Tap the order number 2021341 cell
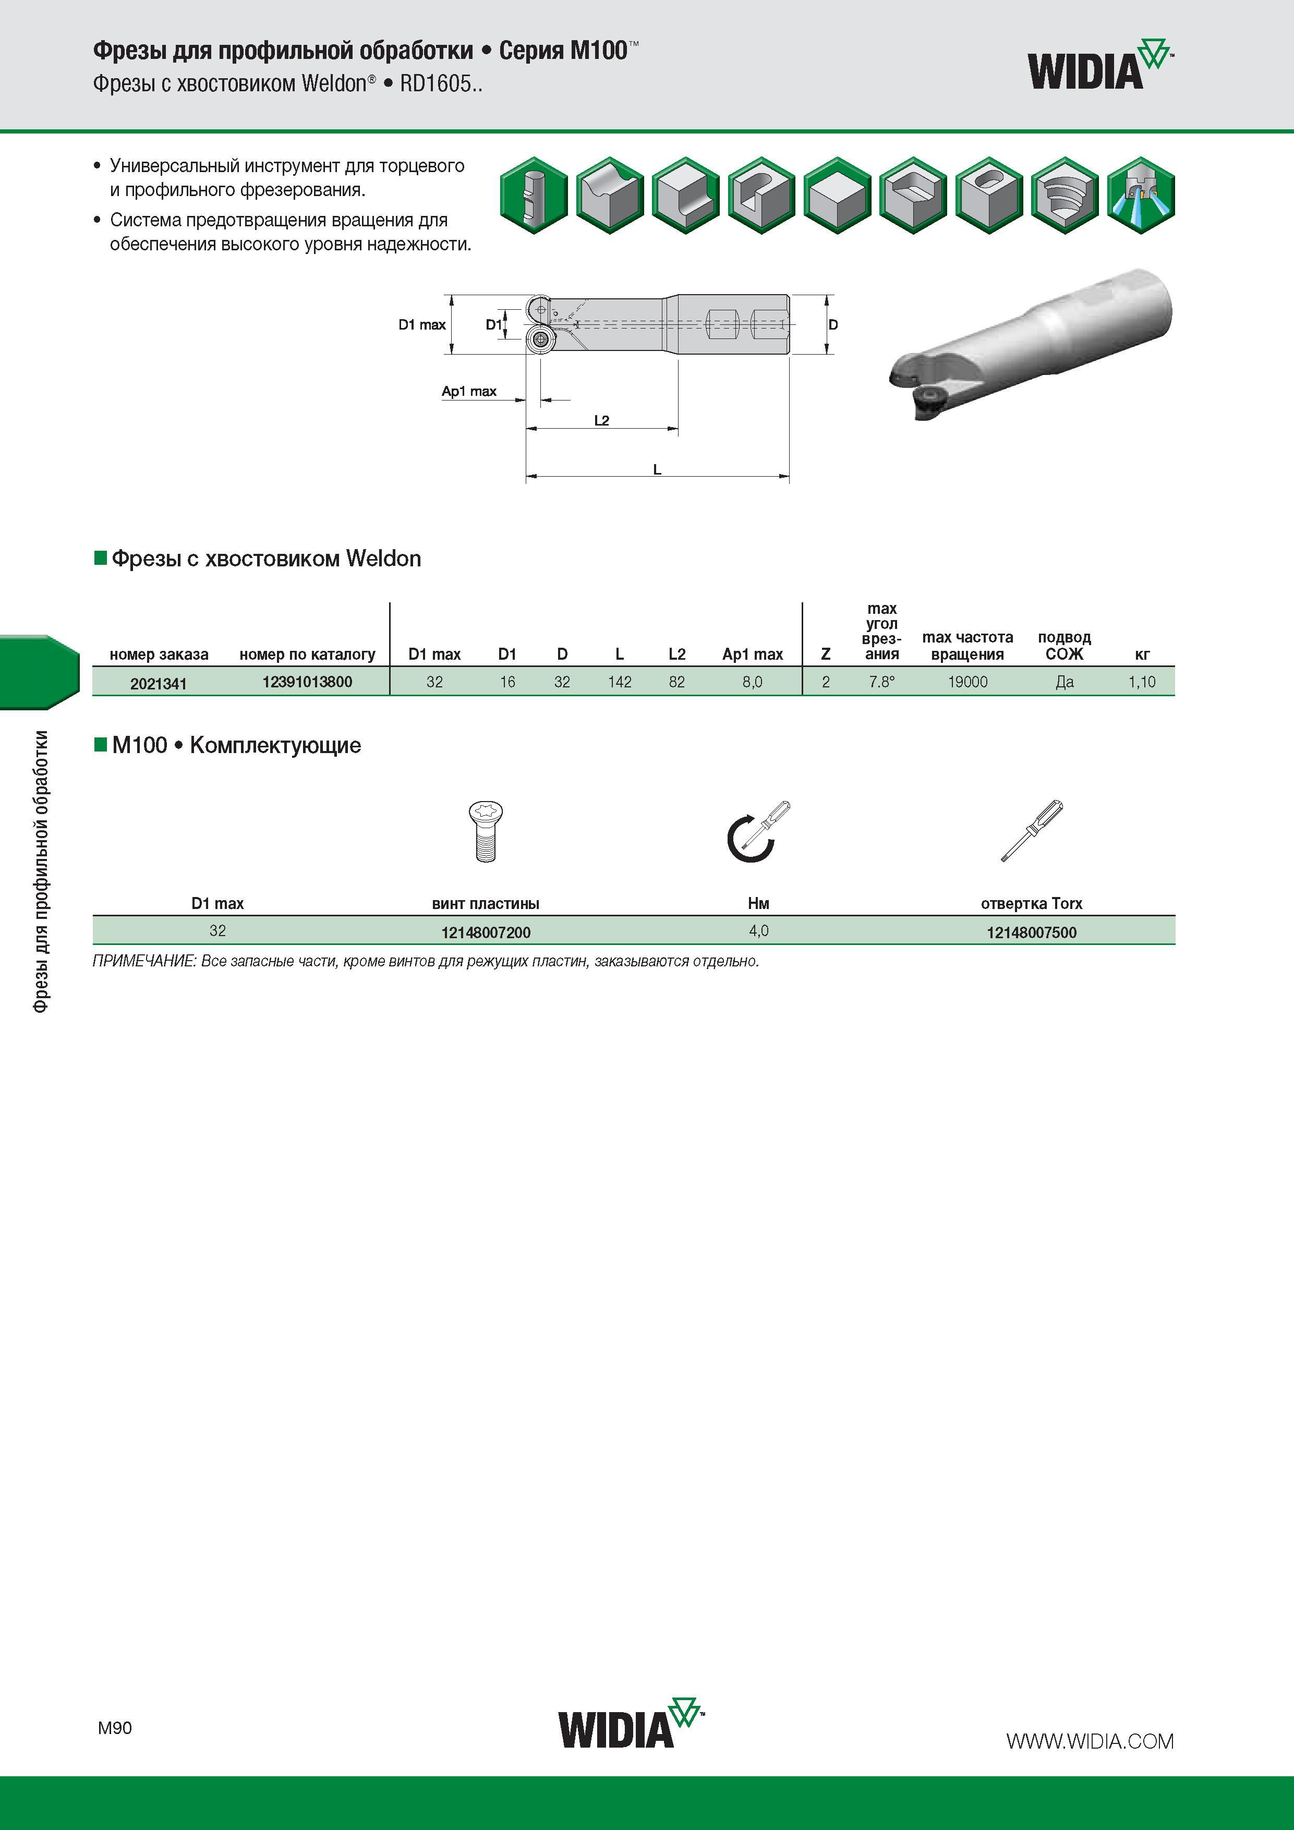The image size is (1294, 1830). pyautogui.click(x=159, y=683)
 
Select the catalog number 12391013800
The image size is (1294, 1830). pyautogui.click(x=307, y=682)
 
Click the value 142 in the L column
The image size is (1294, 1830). pyautogui.click(x=620, y=682)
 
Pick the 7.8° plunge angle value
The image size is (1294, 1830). pyautogui.click(x=882, y=682)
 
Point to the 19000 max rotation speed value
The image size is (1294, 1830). pyautogui.click(x=967, y=682)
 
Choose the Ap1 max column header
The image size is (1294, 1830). pyautogui.click(x=753, y=655)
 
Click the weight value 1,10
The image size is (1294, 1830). pyautogui.click(x=1142, y=682)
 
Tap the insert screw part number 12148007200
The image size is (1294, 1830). pyautogui.click(x=486, y=932)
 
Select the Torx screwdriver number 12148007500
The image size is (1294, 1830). pyautogui.click(x=1032, y=932)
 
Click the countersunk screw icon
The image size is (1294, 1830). pyautogui.click(x=484, y=831)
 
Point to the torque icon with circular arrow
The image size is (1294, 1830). pyautogui.click(x=757, y=831)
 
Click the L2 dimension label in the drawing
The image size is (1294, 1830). pyautogui.click(x=601, y=420)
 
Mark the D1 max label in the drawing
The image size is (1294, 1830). pyautogui.click(x=422, y=324)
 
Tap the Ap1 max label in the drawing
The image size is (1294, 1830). pyautogui.click(x=469, y=391)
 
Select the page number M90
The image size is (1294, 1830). pyautogui.click(x=115, y=1727)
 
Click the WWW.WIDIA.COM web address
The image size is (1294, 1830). pyautogui.click(x=1090, y=1741)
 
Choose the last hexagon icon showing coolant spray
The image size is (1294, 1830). pyautogui.click(x=1140, y=195)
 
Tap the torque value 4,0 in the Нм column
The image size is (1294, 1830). pyautogui.click(x=758, y=930)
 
